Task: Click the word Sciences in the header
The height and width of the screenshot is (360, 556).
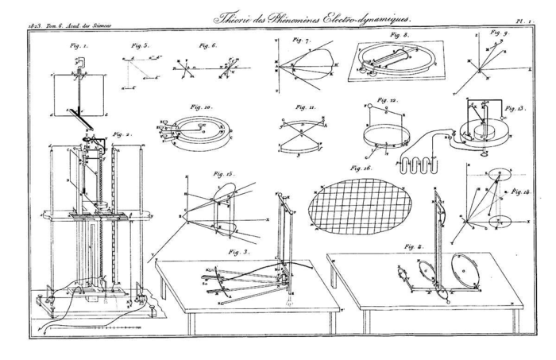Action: coord(100,29)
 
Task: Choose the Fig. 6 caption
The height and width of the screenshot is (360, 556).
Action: coord(209,46)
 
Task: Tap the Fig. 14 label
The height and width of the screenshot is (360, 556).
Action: coord(520,192)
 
